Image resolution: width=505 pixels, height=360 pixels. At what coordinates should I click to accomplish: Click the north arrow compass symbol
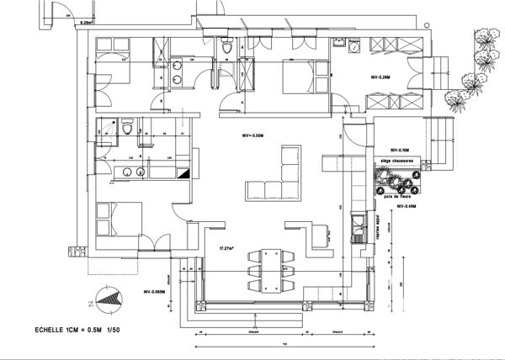click(x=109, y=296)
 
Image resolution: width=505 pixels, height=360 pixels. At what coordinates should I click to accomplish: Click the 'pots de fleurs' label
click(x=396, y=199)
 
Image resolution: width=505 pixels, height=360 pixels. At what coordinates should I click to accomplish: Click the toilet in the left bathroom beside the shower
click(x=126, y=129)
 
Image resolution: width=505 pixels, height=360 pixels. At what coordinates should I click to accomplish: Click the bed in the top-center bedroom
click(x=300, y=79)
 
